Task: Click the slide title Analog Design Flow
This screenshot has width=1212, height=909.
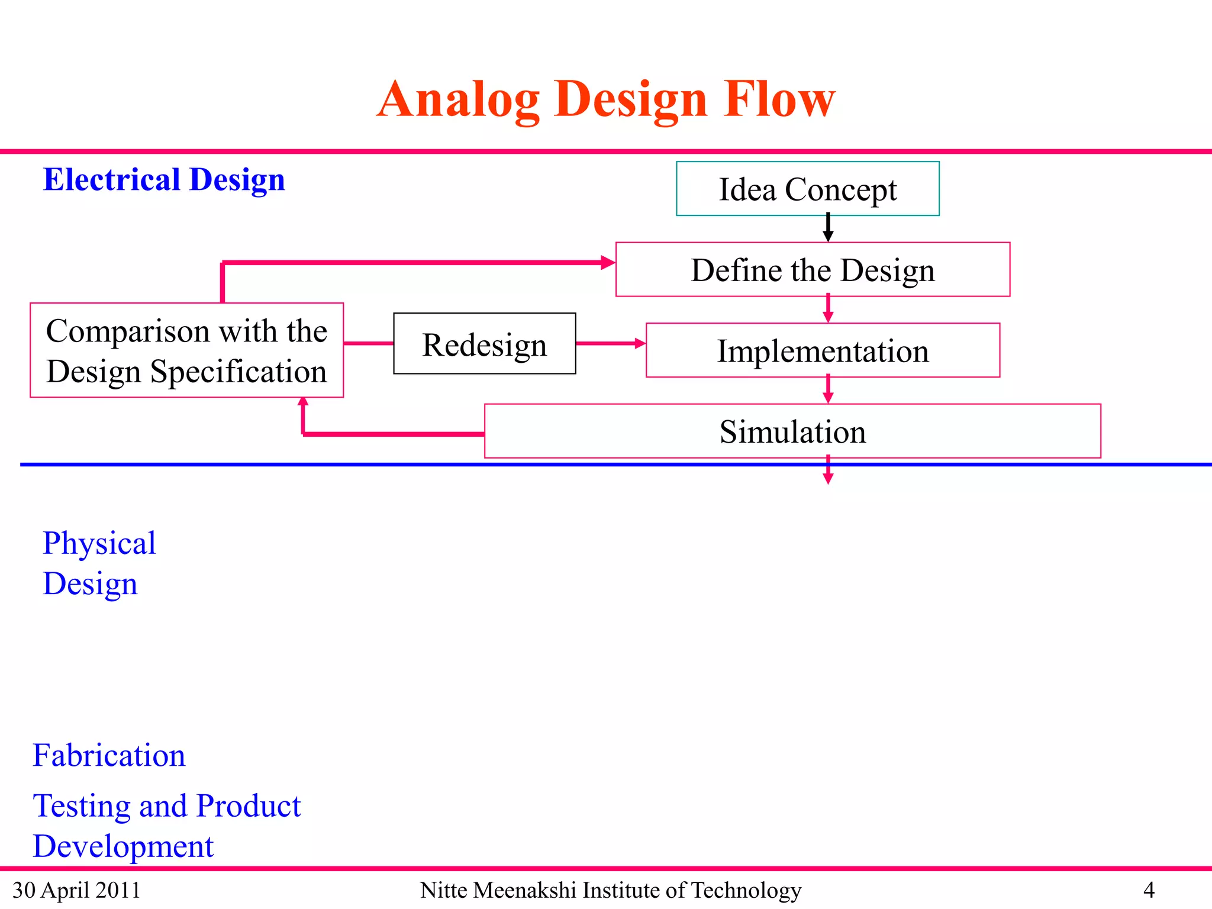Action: click(x=605, y=99)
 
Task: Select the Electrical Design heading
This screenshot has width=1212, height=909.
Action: click(x=164, y=180)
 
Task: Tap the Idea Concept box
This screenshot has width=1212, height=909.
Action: click(x=807, y=189)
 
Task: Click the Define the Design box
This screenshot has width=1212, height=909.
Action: click(x=813, y=270)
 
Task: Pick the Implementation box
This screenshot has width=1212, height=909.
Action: click(x=823, y=350)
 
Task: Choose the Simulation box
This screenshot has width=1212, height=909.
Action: click(x=792, y=431)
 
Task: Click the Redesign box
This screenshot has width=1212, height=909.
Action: click(x=484, y=344)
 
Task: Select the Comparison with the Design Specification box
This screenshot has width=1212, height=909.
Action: click(x=186, y=350)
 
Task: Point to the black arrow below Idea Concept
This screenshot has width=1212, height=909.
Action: click(x=828, y=228)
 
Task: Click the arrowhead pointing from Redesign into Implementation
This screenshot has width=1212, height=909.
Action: click(x=640, y=343)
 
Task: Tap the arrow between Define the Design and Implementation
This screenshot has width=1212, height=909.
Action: click(x=828, y=310)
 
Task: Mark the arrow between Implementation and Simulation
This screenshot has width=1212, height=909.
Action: click(x=828, y=391)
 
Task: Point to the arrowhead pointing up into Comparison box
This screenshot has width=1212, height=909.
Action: click(x=303, y=402)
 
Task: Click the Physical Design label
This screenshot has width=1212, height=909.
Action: click(x=99, y=563)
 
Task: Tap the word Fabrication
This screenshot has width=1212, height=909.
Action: click(x=109, y=755)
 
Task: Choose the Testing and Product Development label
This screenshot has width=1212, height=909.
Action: click(x=166, y=826)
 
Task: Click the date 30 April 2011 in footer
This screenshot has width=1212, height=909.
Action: click(x=76, y=890)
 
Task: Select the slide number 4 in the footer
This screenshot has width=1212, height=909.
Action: click(x=1149, y=890)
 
